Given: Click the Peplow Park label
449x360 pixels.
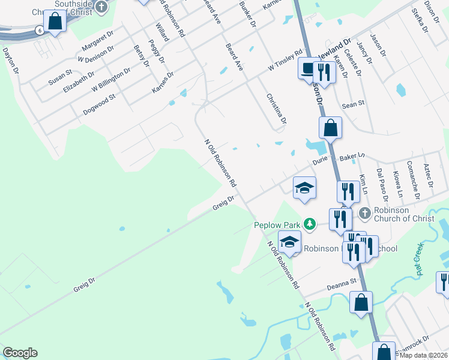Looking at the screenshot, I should click(x=276, y=225).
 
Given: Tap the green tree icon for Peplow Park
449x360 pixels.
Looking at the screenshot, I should click(x=309, y=224).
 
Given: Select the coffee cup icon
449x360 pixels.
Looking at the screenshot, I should click(x=308, y=70).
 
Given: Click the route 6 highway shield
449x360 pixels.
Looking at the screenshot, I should click(x=39, y=31).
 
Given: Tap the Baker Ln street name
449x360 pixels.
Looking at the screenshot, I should click(x=352, y=157).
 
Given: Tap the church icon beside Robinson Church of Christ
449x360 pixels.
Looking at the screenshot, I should click(x=364, y=213).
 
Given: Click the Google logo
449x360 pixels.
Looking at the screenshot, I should click(x=20, y=353).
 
